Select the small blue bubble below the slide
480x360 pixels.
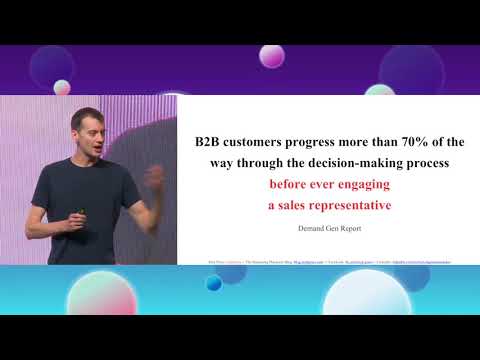click(213, 283)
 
